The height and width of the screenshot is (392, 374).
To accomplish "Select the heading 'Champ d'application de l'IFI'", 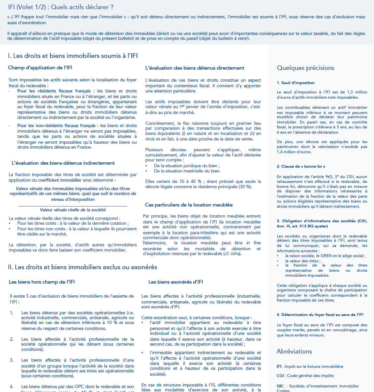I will (x=40, y=68).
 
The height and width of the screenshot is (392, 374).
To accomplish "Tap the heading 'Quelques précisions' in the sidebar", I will (x=305, y=68).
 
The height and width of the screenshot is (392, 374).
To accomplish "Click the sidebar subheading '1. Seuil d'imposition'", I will (x=296, y=83).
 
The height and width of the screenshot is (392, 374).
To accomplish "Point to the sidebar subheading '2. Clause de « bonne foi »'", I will (x=301, y=166).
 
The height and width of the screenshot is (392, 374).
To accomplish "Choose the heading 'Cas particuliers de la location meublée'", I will (x=189, y=205).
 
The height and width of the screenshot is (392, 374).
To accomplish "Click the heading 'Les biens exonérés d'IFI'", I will (x=176, y=282).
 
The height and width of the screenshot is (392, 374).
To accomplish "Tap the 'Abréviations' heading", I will (x=294, y=351).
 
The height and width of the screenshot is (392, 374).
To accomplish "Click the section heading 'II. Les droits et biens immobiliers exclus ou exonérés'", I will (x=83, y=267).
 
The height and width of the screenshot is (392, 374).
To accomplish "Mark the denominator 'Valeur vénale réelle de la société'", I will (x=73, y=210).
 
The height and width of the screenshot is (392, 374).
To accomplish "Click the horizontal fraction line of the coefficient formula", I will (x=72, y=206).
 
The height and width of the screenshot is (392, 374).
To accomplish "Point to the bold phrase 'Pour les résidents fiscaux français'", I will (x=54, y=91).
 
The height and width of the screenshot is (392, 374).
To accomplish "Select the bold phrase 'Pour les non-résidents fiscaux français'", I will (x=56, y=125).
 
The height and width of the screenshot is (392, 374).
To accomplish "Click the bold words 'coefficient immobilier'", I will (x=60, y=180).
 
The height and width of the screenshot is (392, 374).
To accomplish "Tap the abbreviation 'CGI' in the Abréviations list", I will (x=280, y=376).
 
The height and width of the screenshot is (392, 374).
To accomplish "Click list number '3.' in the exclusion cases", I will (x=12, y=360).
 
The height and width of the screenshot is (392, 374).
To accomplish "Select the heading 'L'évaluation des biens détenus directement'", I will (x=195, y=68).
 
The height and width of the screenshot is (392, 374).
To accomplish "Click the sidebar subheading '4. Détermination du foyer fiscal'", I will (x=320, y=315).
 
